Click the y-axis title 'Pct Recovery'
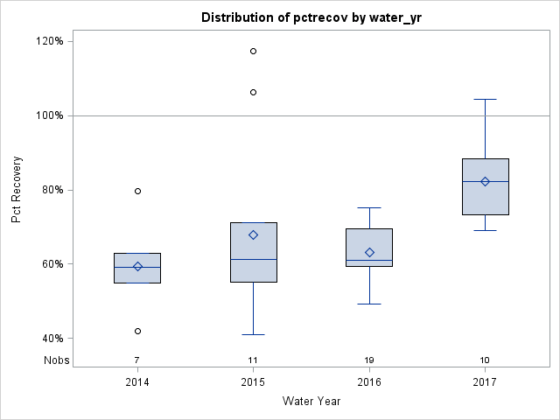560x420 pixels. point(17,190)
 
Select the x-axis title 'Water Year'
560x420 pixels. point(311,401)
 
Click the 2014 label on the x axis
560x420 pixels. point(137,382)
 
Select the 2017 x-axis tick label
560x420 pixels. point(485,382)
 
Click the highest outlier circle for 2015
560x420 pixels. point(254,51)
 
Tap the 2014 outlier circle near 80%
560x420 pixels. point(137,191)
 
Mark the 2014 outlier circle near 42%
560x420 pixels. point(137,331)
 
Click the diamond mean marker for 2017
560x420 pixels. point(485,181)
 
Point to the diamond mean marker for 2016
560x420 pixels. point(369,252)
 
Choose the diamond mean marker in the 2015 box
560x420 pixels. point(254,234)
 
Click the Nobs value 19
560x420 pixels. point(369,360)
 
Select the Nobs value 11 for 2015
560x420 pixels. point(254,360)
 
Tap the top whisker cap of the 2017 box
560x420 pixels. point(485,99)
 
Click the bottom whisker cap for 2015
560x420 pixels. point(254,334)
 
